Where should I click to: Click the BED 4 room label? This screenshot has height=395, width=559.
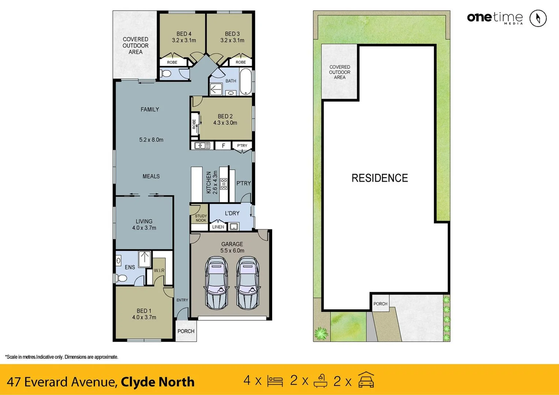[x=184, y=34]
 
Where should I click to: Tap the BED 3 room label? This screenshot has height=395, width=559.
[x=232, y=34]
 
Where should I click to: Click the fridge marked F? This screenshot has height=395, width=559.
[x=223, y=146]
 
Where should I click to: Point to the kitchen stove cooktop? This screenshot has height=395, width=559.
[x=224, y=184]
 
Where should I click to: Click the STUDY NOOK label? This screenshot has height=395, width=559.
[x=200, y=218]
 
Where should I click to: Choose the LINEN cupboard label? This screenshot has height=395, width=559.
[x=218, y=227]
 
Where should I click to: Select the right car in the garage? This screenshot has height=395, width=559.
[x=247, y=282]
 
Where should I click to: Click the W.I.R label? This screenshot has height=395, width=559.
[x=159, y=270]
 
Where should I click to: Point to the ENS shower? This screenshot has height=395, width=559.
[x=145, y=257]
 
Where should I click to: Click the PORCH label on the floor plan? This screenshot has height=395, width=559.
[x=186, y=331]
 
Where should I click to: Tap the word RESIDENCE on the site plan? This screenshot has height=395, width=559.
[x=380, y=178]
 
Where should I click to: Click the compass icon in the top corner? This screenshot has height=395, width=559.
[x=538, y=18]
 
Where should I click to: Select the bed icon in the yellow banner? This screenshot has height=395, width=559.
[x=275, y=381]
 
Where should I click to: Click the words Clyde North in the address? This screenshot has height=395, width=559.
[x=158, y=382]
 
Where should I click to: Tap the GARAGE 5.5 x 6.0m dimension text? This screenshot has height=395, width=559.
[x=232, y=251]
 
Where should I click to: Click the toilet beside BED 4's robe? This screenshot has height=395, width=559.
[x=166, y=74]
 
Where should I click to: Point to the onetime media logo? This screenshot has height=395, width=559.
[x=495, y=18]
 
